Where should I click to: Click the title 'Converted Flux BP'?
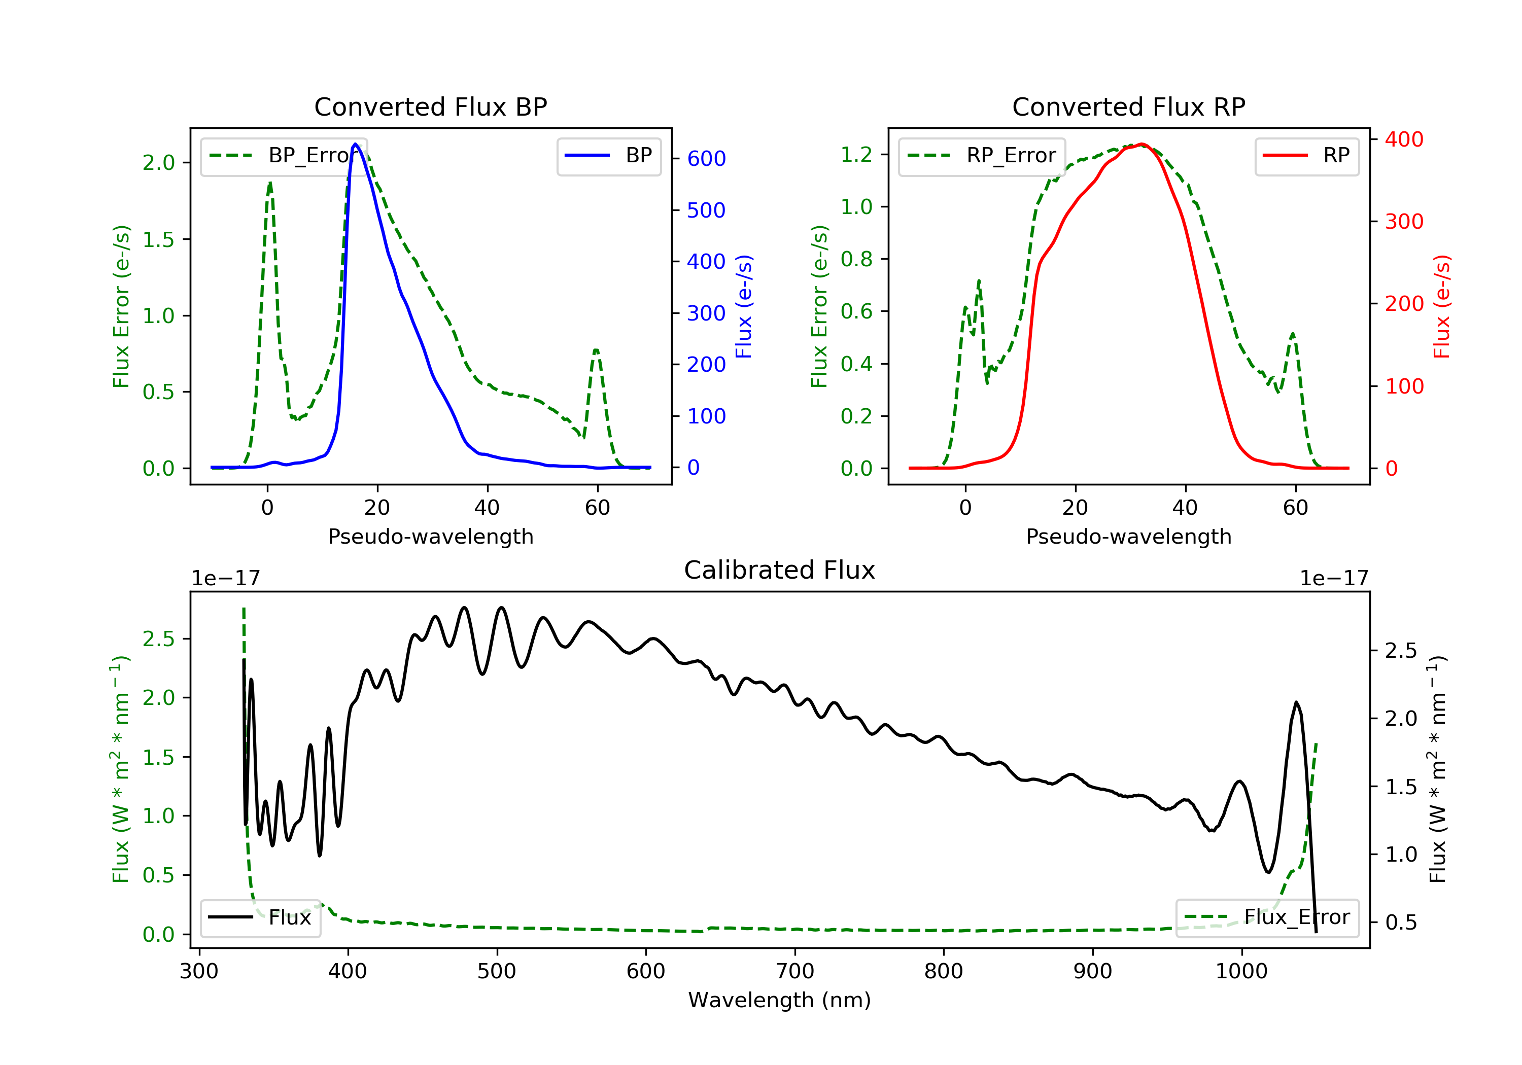point(430,106)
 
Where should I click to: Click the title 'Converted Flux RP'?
point(1128,106)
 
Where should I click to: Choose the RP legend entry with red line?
point(1306,156)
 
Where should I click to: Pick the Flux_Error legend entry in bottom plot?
point(1267,917)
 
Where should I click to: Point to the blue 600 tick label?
point(706,158)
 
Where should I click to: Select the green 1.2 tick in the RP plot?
point(856,154)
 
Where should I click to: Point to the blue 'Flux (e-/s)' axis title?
point(744,307)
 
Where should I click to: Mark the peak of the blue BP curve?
point(356,144)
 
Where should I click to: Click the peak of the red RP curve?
point(1141,144)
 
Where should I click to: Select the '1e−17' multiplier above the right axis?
point(1334,579)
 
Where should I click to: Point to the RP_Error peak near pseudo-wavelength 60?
point(1293,334)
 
